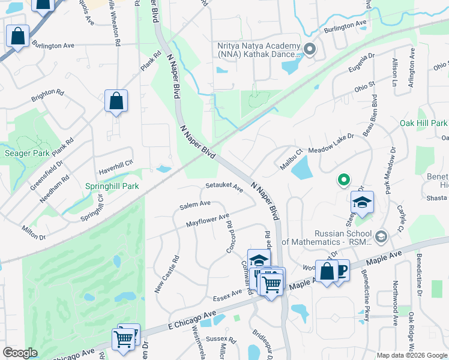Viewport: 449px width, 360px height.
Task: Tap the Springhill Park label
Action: [112, 186]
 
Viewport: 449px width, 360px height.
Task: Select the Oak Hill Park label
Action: [423, 123]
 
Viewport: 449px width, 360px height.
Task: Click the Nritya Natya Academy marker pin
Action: [310, 50]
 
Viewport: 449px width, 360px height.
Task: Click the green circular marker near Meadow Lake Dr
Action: [343, 179]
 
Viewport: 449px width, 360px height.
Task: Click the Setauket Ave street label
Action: [224, 187]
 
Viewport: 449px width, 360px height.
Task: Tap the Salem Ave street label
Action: [195, 205]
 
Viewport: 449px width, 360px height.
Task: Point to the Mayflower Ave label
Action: [208, 220]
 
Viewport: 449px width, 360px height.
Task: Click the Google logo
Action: [20, 353]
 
